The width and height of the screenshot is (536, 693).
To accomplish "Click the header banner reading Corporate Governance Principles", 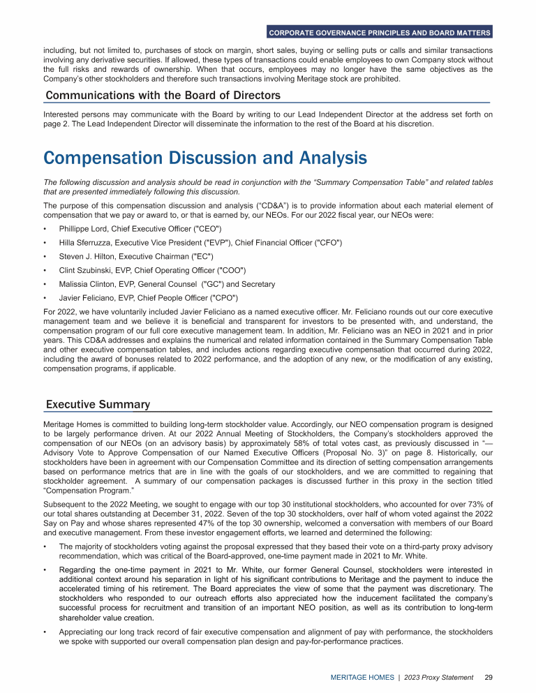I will pos(380,33).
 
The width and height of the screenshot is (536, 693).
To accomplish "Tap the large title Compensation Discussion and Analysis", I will pos(205,158).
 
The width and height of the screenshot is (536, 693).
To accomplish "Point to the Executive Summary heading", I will pos(98,405).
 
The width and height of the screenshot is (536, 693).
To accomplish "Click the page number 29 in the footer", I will pos(489,677).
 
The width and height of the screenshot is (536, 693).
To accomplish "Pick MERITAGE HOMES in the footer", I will pos(361,677).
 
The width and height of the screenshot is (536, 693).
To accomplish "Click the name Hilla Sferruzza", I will pos(87,242).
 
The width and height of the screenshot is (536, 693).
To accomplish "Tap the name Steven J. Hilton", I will pos(85,256).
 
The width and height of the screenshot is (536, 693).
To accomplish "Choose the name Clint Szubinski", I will pos(86,270).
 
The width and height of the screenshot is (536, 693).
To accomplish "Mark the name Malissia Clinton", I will pos(89,284).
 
